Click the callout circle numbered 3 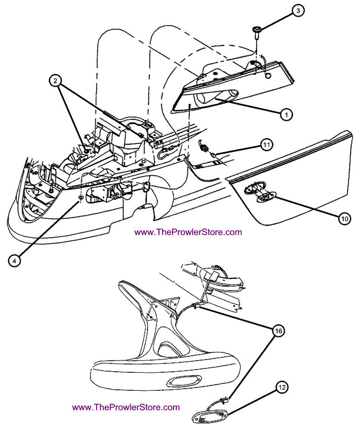[x=298, y=11]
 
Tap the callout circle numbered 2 [x=55, y=81]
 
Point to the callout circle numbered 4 [x=15, y=261]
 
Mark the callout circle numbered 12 [x=283, y=387]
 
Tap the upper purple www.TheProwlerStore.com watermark [x=188, y=232]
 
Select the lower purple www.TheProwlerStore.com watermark [x=126, y=407]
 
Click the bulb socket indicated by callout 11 [x=206, y=149]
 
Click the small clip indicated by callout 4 [x=81, y=198]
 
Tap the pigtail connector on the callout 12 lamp [x=225, y=398]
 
